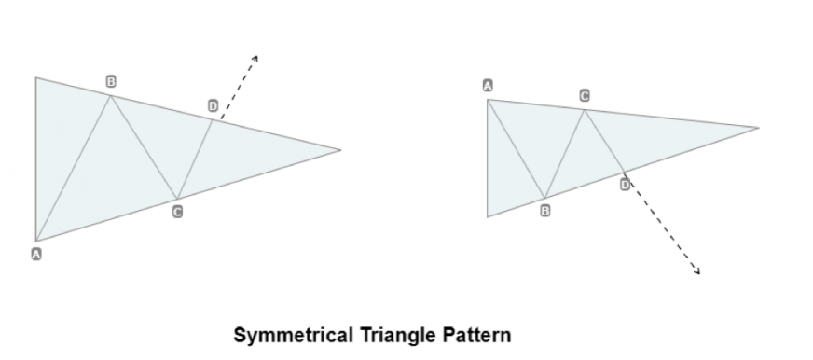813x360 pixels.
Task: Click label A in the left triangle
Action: [37, 254]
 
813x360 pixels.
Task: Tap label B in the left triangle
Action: [111, 82]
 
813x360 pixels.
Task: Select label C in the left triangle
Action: [177, 213]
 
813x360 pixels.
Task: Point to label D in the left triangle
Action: [214, 107]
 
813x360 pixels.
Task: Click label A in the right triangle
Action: [488, 86]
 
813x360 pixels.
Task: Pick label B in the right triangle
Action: [545, 211]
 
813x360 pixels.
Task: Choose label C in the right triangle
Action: [585, 96]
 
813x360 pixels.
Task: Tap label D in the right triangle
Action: [625, 185]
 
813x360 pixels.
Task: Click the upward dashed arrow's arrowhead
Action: [255, 58]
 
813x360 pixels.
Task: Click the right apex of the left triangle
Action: [340, 149]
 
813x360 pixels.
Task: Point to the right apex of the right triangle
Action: [758, 127]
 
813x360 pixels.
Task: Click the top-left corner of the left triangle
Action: [36, 77]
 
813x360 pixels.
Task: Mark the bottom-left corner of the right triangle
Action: [488, 217]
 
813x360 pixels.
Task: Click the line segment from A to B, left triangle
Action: [74, 168]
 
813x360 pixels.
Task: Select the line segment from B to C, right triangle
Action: [565, 154]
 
